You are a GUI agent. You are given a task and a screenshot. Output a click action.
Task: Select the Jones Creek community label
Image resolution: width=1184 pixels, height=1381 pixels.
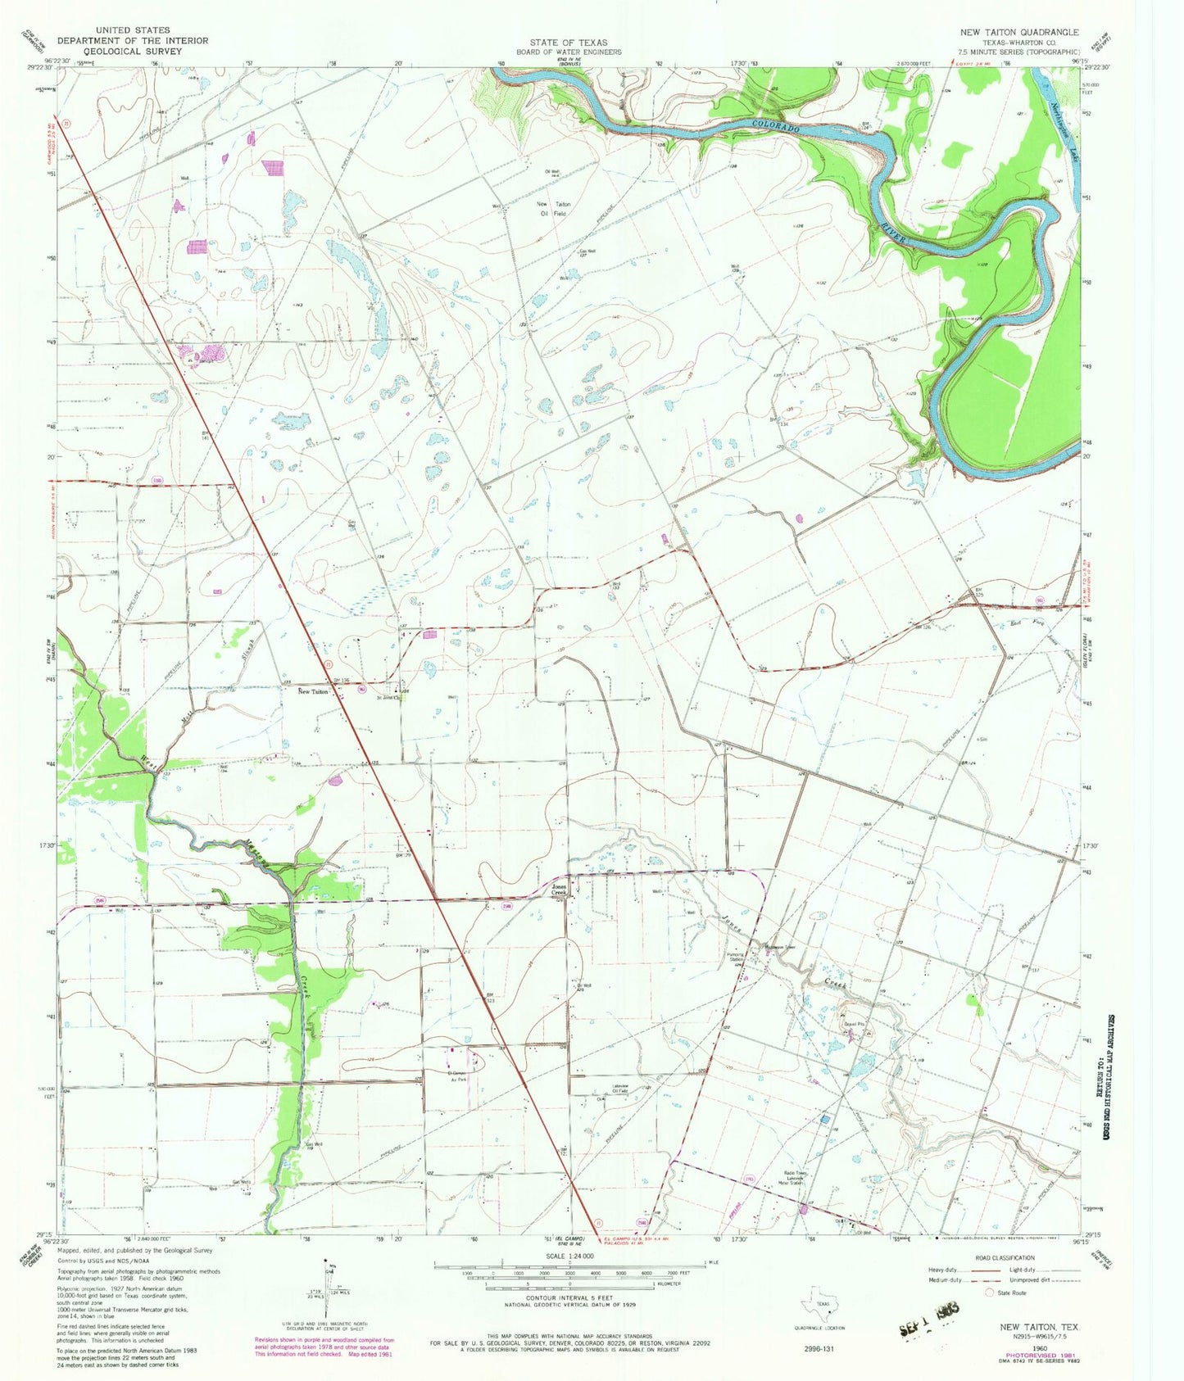tap(558, 890)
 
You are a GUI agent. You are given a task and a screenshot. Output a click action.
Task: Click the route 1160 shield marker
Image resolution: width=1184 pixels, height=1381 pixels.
tap(157, 480)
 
